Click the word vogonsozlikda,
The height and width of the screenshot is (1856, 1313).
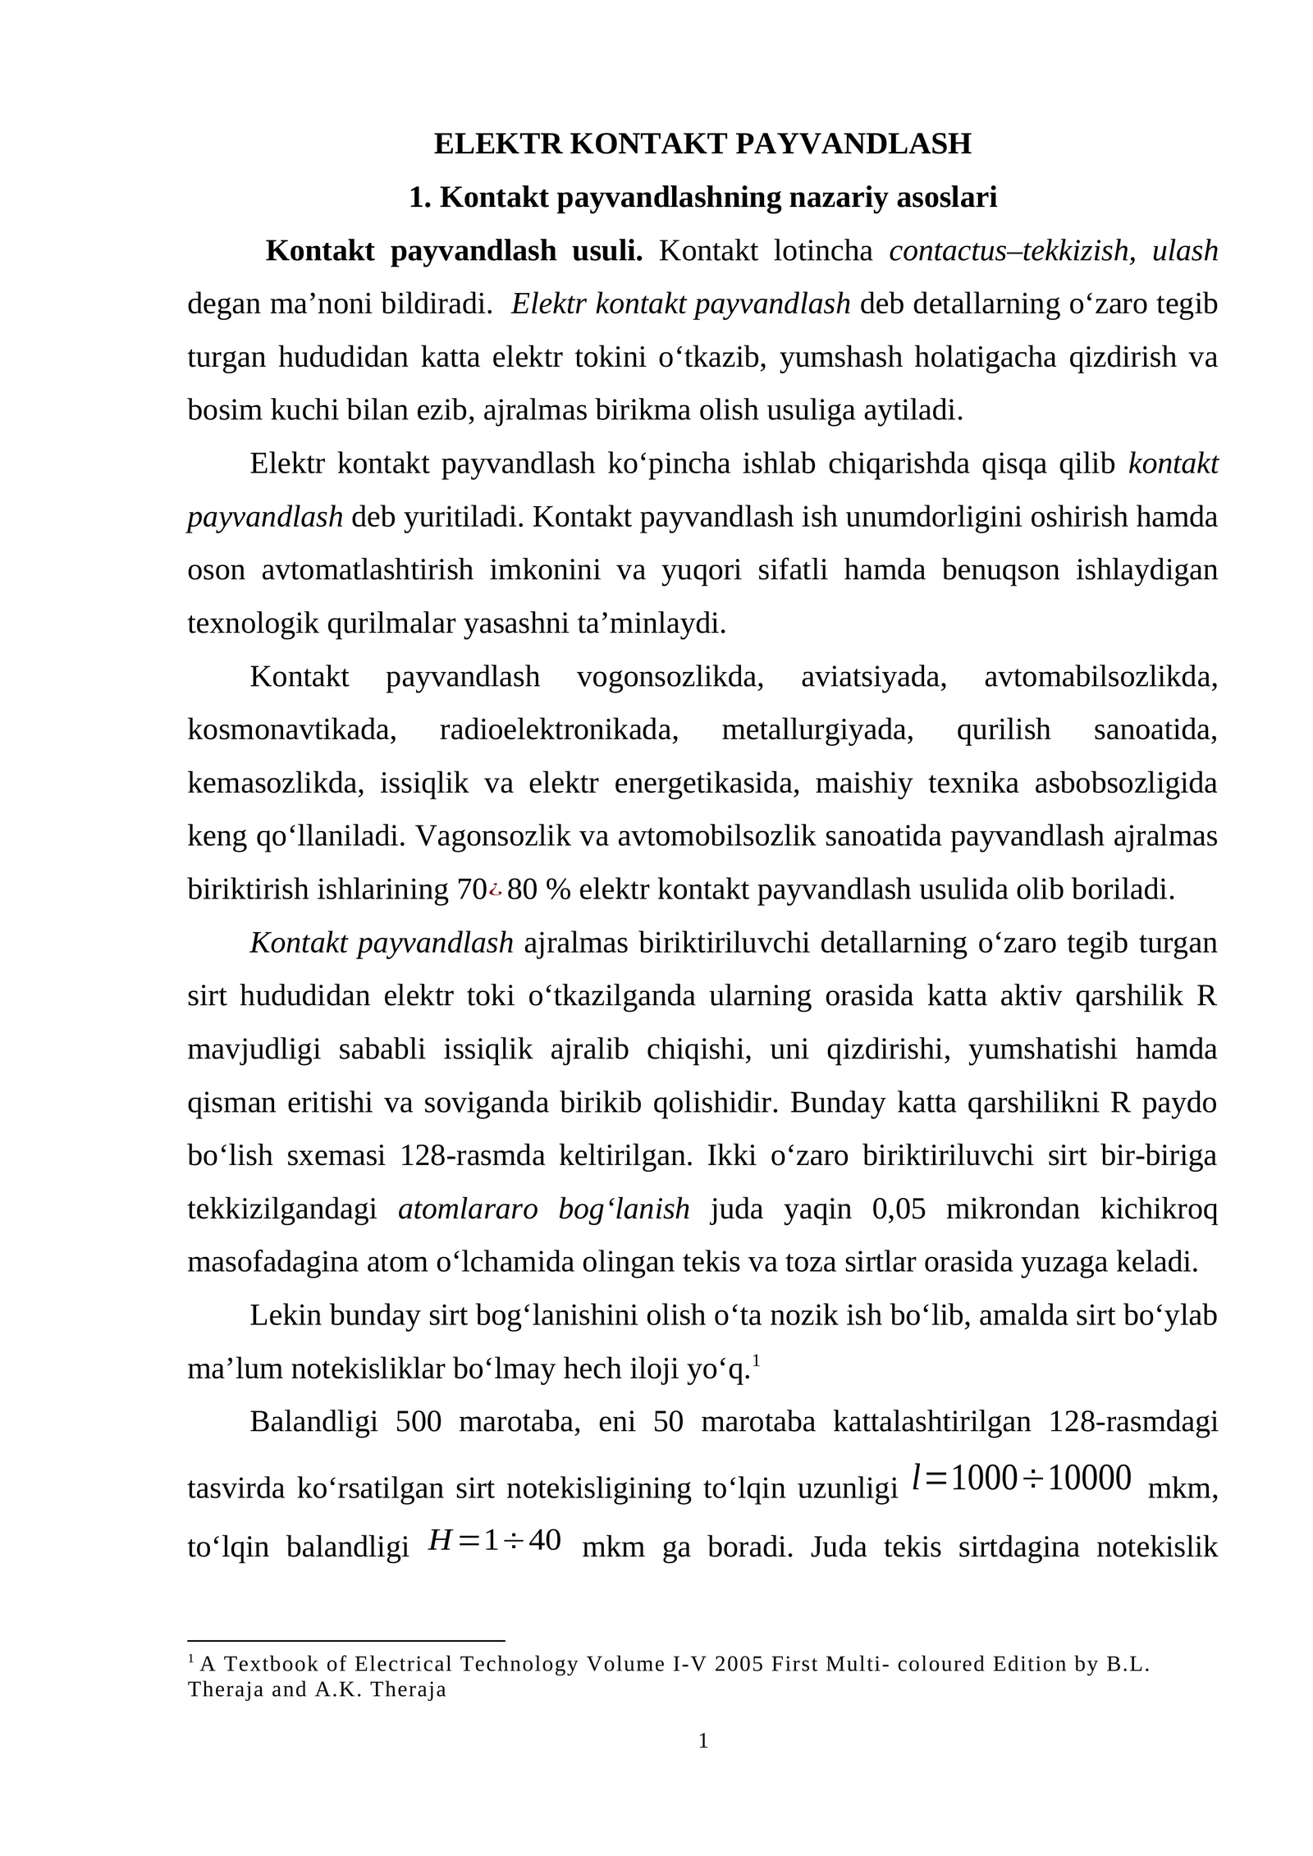pos(670,677)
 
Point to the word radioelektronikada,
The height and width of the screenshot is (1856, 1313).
pos(559,729)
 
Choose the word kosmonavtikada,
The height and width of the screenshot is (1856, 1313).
pos(292,729)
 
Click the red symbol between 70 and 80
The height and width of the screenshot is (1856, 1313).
pos(496,889)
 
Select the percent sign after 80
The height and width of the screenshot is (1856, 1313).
pos(558,889)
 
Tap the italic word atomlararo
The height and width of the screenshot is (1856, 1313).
pos(468,1209)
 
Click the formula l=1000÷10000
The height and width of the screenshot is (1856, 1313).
pos(1022,1478)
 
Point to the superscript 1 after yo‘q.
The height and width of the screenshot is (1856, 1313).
pos(756,1363)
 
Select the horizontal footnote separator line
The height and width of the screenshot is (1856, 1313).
pos(345,1640)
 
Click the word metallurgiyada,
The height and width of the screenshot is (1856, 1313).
pos(817,729)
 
